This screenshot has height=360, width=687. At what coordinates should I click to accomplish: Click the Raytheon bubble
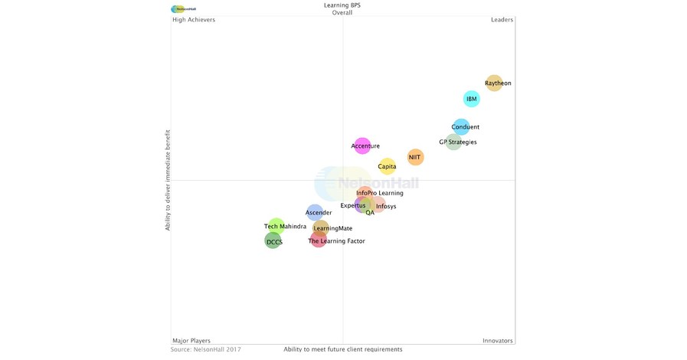(x=495, y=83)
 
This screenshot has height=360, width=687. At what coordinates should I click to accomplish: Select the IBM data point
(x=472, y=99)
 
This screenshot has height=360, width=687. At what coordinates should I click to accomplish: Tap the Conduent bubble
(x=461, y=127)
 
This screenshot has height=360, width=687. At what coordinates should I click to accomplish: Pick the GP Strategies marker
(x=453, y=142)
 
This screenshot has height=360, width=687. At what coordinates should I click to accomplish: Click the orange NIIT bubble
(x=415, y=157)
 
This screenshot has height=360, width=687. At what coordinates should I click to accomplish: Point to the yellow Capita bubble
(x=388, y=166)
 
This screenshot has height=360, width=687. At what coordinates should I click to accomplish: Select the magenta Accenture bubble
(x=361, y=146)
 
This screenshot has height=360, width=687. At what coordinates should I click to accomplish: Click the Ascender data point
(x=315, y=212)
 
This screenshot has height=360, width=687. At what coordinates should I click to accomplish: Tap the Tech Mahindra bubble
(x=276, y=226)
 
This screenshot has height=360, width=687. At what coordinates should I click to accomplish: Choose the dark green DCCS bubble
(x=273, y=241)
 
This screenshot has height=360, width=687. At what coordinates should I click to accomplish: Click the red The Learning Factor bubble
(x=319, y=241)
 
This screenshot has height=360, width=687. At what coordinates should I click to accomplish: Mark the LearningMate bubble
(x=322, y=227)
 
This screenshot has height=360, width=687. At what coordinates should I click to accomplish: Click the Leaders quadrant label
(x=502, y=20)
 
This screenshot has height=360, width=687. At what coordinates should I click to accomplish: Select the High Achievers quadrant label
(x=194, y=20)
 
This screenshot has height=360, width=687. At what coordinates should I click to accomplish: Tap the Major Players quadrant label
(x=191, y=340)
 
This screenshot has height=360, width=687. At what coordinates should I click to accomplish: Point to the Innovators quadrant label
(x=497, y=340)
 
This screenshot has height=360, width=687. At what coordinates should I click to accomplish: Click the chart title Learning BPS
(x=342, y=5)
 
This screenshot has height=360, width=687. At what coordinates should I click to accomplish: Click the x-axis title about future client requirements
(x=342, y=349)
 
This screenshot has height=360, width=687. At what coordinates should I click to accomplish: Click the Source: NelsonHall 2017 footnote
(x=205, y=349)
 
